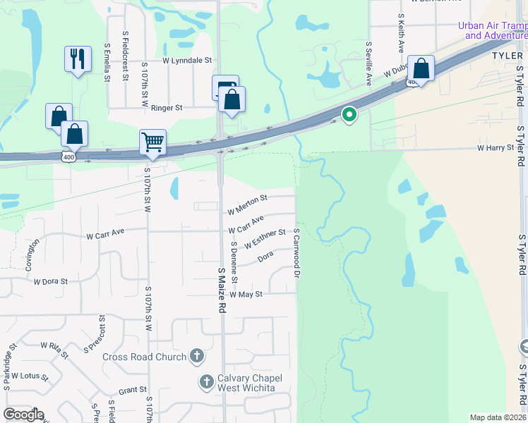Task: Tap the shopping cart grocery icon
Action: click(x=152, y=142)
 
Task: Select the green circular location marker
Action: click(x=349, y=114)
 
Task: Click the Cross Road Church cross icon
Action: click(x=197, y=357)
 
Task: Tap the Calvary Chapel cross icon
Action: click(x=207, y=382)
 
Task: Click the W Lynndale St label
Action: click(x=188, y=61)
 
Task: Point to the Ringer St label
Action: click(x=167, y=108)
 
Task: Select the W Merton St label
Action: click(x=247, y=205)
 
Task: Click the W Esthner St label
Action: click(x=265, y=238)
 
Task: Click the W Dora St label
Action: click(x=50, y=281)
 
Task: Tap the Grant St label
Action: click(x=132, y=390)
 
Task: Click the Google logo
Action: click(x=23, y=415)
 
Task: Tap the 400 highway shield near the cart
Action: click(x=68, y=156)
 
